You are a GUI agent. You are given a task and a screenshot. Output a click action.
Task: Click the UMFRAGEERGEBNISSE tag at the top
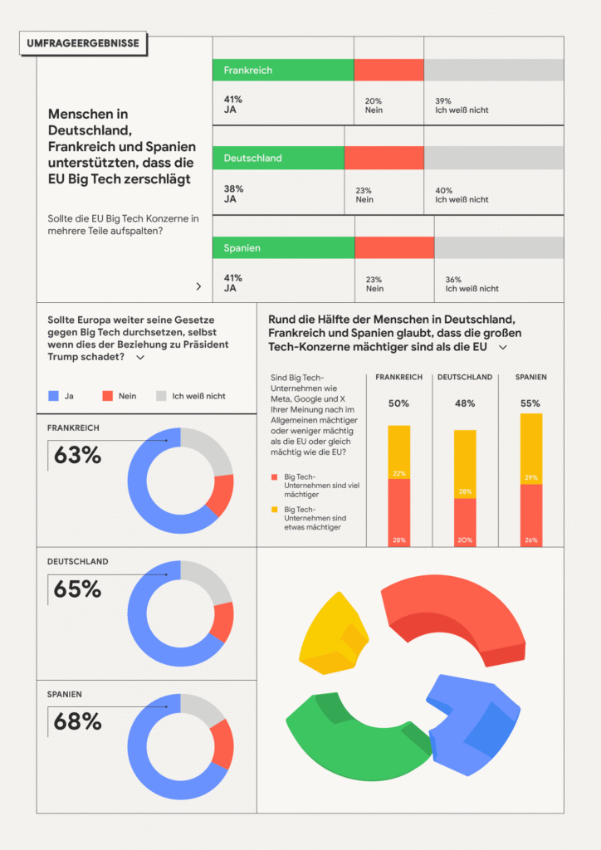[83, 43]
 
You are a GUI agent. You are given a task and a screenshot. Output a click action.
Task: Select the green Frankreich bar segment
[283, 70]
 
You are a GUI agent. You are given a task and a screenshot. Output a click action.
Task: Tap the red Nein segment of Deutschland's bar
[384, 158]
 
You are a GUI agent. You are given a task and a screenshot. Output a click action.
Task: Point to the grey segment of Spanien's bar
[499, 247]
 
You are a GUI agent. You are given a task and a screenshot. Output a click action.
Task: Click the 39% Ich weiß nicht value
[462, 105]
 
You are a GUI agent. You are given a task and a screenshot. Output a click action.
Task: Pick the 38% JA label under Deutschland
[233, 194]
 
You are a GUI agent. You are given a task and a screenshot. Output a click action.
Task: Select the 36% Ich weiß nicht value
[472, 284]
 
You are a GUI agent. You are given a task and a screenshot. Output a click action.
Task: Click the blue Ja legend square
[53, 396]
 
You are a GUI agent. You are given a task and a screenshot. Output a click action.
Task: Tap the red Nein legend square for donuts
[107, 396]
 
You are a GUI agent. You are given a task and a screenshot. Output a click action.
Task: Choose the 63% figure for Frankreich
[77, 456]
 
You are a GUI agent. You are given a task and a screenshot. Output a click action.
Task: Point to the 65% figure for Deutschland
[77, 589]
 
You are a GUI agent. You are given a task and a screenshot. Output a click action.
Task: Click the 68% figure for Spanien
[77, 721]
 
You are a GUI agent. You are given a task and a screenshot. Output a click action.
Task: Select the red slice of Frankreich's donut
[222, 495]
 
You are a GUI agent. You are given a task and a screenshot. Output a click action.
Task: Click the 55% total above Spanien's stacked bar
[530, 403]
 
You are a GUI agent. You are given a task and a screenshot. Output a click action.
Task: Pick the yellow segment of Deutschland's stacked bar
[465, 464]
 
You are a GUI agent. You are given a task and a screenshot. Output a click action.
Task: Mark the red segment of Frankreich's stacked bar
[398, 512]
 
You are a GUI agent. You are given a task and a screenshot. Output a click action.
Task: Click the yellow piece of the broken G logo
[333, 634]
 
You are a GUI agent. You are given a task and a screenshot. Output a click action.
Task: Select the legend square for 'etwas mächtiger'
[274, 510]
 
